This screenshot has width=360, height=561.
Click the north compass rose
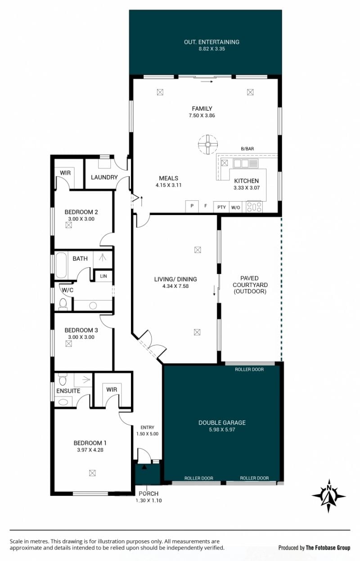(x=328, y=496)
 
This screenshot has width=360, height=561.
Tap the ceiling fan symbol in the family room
(x=208, y=144)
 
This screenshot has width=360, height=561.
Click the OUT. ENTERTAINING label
(x=211, y=42)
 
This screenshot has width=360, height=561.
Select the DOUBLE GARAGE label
(x=222, y=423)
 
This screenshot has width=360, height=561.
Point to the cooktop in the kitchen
(x=254, y=207)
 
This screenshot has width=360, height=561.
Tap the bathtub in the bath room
(x=61, y=265)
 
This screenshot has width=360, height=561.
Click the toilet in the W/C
(x=63, y=304)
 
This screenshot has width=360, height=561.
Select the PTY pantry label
(x=222, y=207)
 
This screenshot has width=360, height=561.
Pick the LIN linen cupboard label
(x=103, y=276)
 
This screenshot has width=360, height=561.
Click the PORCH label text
(x=148, y=494)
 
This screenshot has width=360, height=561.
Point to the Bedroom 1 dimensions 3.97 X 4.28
(x=90, y=450)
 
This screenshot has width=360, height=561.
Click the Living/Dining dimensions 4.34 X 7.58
(x=175, y=286)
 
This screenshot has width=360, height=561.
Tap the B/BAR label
(x=247, y=149)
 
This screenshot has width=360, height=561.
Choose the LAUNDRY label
(x=104, y=177)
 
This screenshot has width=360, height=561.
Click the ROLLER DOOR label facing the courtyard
(x=249, y=369)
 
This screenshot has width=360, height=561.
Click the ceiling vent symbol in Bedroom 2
(x=69, y=225)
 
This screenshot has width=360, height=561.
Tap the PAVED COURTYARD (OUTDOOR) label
(x=250, y=285)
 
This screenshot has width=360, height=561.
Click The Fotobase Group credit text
(x=328, y=548)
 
